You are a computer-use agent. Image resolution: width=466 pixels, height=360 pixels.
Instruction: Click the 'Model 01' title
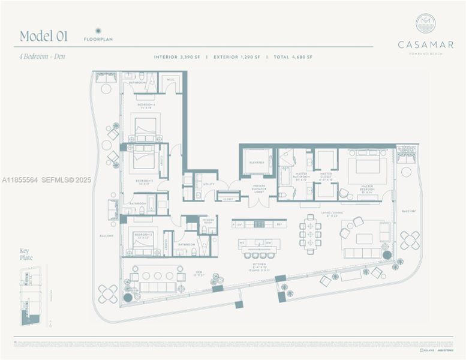click(44, 36)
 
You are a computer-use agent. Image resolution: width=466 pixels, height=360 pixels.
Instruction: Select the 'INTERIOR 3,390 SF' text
click(179, 57)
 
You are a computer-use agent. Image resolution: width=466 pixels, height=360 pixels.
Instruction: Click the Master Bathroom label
click(300, 177)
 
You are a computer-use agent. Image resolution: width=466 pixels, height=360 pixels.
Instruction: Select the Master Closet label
click(326, 177)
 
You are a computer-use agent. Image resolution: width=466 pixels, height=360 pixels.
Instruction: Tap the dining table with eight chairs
click(310, 233)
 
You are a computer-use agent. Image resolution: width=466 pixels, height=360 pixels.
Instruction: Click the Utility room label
click(209, 184)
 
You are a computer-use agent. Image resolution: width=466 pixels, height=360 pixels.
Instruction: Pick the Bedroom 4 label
click(146, 106)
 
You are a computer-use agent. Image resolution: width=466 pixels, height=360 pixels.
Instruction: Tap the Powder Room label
click(208, 221)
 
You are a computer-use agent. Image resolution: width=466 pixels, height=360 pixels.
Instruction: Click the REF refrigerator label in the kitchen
click(279, 224)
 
